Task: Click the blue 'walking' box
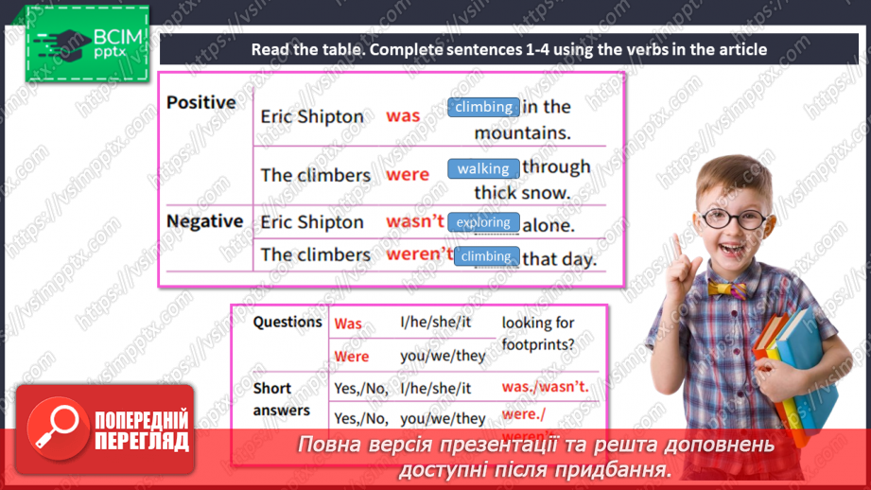[483, 168]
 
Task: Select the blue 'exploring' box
[483, 222]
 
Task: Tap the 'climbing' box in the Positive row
[483, 107]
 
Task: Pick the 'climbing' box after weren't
[487, 256]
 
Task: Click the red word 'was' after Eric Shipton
[403, 115]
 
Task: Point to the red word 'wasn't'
[415, 220]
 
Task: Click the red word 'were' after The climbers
[408, 174]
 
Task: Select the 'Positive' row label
[201, 102]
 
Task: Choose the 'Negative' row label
[204, 221]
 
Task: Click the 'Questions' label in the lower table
[287, 323]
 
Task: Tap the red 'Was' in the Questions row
[348, 324]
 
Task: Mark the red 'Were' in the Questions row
[352, 356]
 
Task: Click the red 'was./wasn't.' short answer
[545, 387]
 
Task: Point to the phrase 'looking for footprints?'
[538, 333]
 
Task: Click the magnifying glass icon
[58, 429]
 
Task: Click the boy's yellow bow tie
[727, 289]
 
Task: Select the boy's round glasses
[735, 219]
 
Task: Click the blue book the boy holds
[807, 367]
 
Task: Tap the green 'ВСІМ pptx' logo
[87, 44]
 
